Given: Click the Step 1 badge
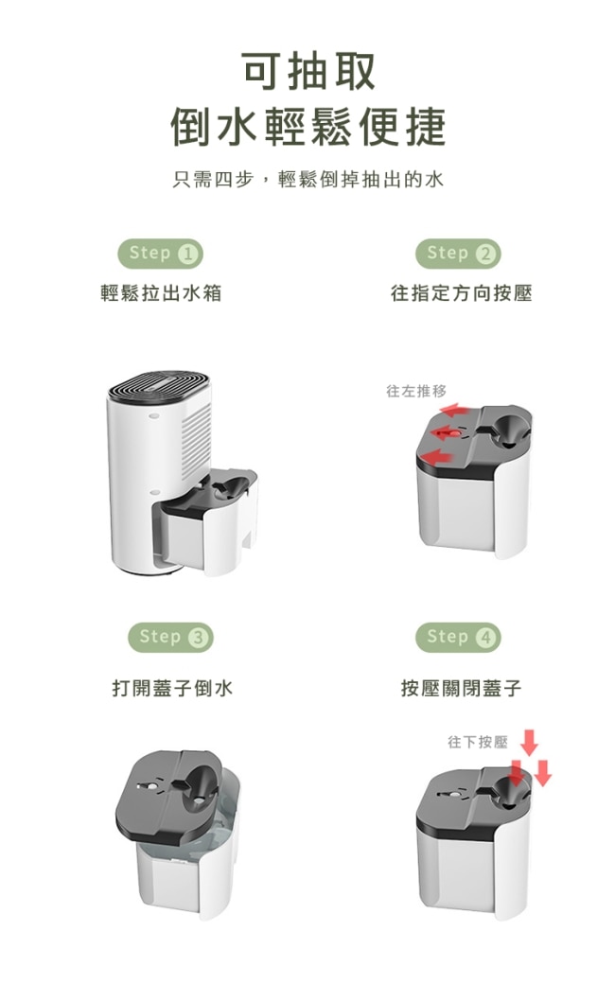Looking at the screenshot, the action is [161, 254].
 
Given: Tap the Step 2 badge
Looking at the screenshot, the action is [458, 254].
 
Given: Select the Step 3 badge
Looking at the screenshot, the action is [170, 638].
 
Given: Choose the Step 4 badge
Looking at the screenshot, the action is [458, 638].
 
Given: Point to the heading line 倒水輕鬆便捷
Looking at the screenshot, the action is [308, 126].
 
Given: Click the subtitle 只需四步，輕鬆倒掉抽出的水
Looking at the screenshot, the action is [308, 180].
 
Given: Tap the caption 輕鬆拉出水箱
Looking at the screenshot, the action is [161, 293].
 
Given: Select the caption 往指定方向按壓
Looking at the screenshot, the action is [462, 293].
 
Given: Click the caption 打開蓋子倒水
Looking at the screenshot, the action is [172, 688].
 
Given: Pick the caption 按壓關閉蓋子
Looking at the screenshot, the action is [462, 688].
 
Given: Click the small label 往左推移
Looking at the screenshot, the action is [416, 392].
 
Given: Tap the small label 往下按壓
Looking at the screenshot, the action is [478, 743].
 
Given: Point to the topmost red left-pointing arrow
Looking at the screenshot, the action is [454, 411].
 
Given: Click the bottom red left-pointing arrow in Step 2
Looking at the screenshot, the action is [435, 454].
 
